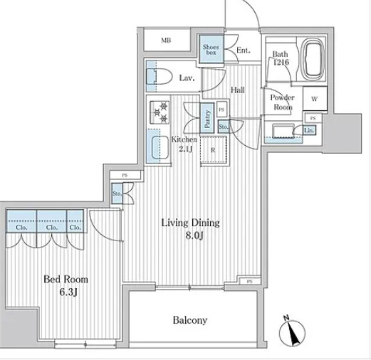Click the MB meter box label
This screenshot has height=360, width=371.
166,41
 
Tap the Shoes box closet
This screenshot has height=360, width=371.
211,49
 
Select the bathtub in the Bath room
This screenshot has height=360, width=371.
312,60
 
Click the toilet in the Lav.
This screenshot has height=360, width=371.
160,76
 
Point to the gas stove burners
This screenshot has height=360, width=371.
160,112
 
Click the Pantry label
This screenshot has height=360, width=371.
207,120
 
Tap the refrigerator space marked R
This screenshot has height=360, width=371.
214,149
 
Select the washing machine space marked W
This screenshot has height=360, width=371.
315,98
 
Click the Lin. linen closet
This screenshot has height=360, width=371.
309,130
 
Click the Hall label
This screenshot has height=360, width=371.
238,90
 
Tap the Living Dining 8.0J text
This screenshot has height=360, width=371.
190,229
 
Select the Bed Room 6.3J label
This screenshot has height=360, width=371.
66,285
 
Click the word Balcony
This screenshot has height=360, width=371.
190,320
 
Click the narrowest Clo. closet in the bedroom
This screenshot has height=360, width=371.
75,221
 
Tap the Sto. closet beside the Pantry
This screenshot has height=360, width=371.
224,127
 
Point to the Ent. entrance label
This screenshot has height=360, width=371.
244,51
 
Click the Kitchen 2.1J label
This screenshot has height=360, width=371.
184,144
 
